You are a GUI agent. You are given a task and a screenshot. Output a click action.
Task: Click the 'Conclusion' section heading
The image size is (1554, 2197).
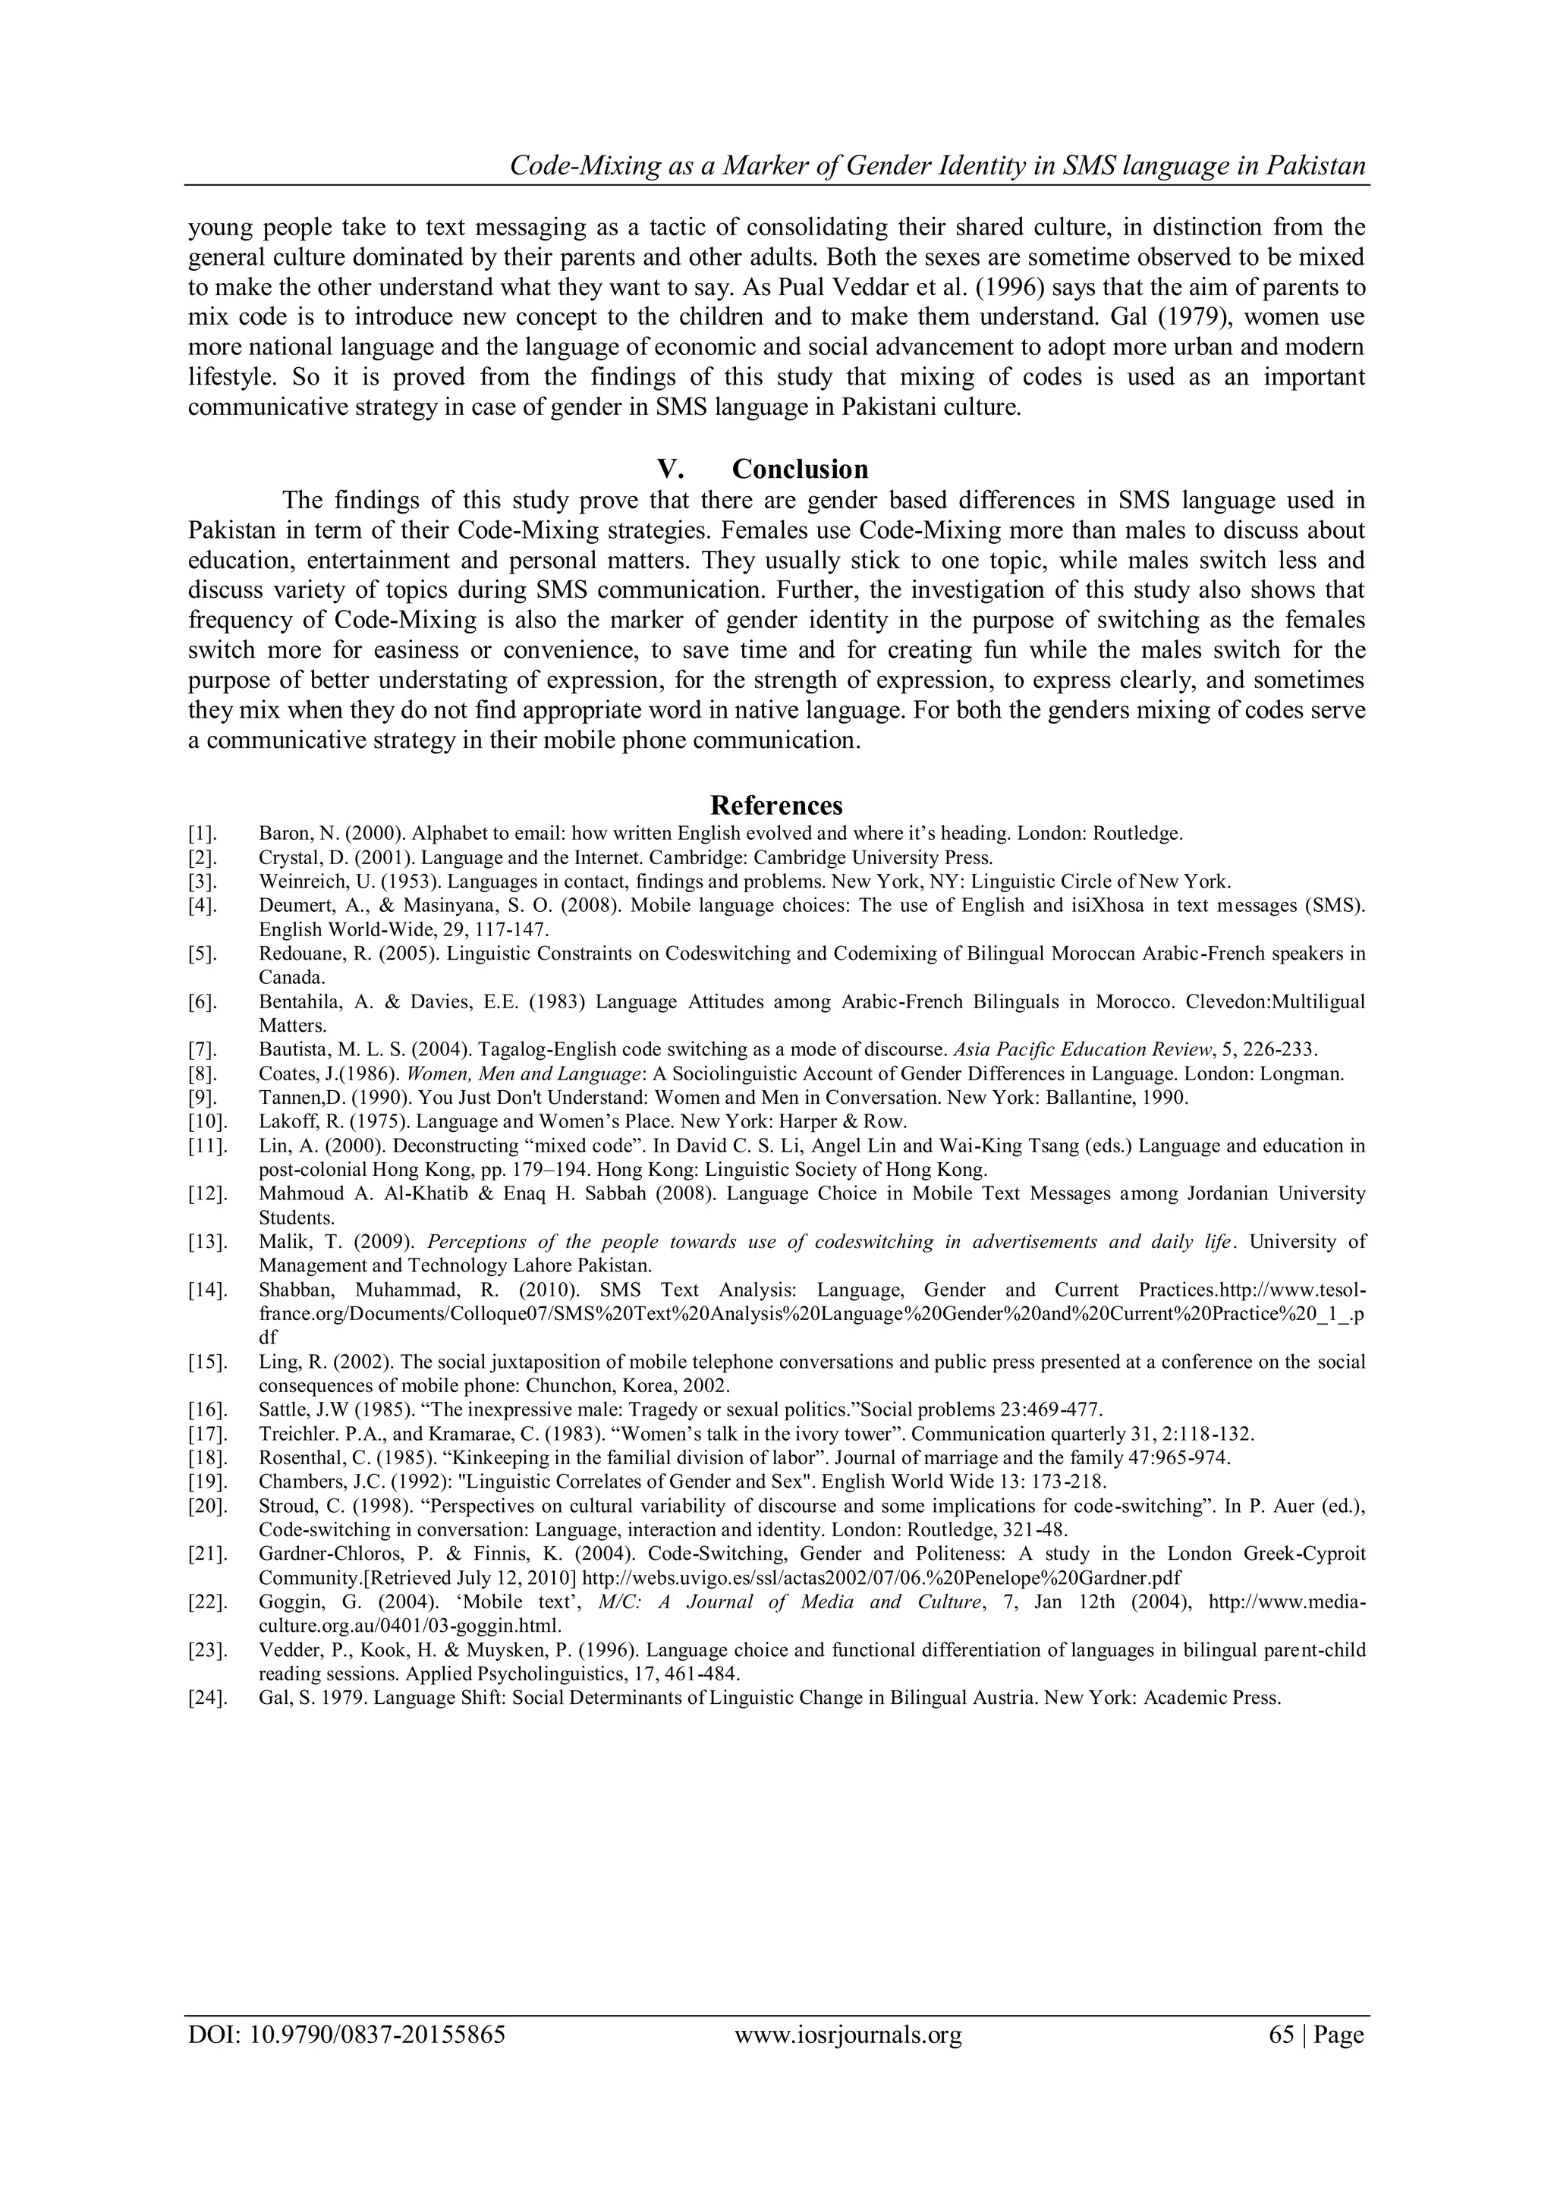click(x=800, y=469)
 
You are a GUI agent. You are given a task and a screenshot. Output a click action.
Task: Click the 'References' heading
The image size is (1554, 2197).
click(x=776, y=805)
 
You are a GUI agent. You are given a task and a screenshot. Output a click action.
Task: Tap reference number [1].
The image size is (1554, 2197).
click(x=203, y=834)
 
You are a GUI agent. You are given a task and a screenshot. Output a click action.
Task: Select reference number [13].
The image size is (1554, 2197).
click(x=206, y=1242)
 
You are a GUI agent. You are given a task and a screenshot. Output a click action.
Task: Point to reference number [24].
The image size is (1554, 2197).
click(x=206, y=1698)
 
